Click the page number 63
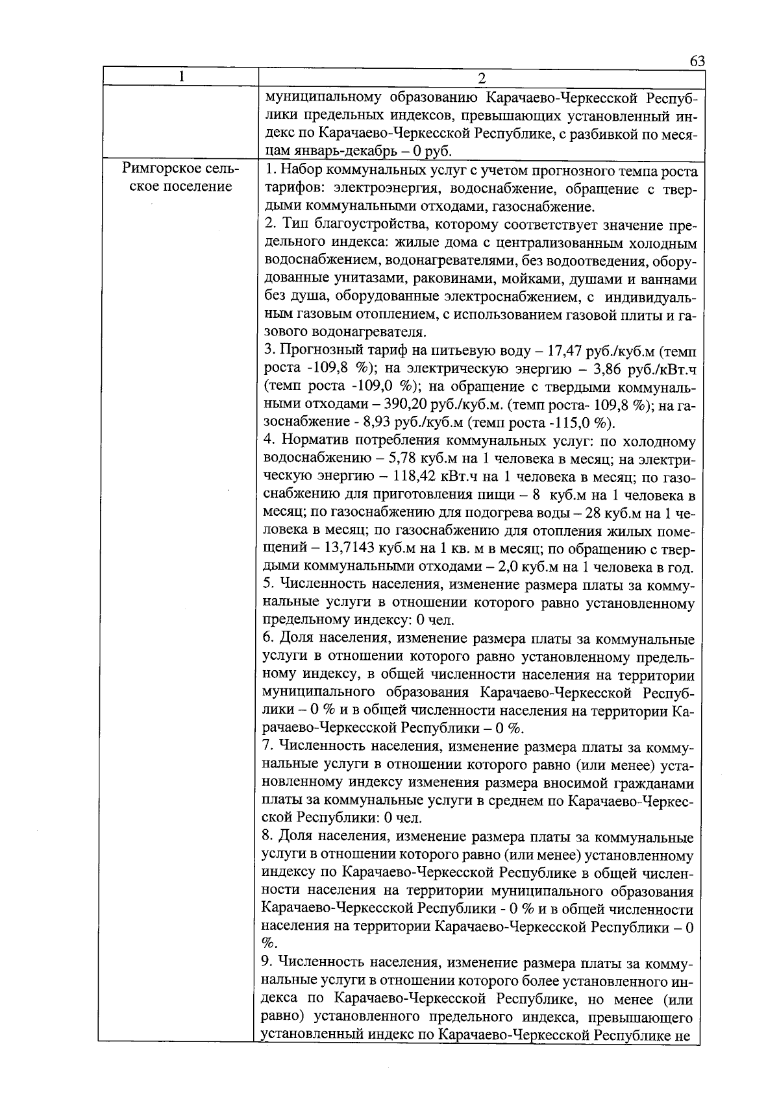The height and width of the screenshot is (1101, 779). [x=697, y=60]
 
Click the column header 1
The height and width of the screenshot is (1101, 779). [x=182, y=77]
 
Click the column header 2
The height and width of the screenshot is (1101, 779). [x=481, y=79]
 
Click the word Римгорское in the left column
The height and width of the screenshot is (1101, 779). [x=160, y=170]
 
